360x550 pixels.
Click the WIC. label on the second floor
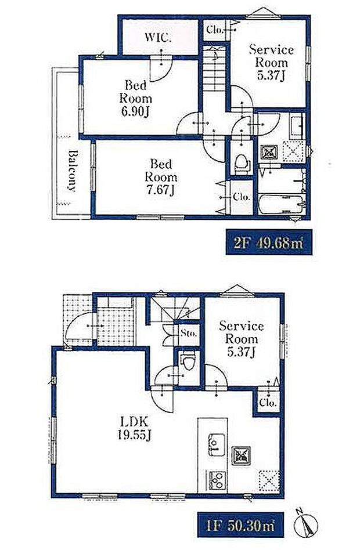158,37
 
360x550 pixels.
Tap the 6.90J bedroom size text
135,111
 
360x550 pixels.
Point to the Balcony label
72,171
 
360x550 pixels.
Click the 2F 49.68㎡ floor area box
269,242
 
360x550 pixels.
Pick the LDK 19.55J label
135,428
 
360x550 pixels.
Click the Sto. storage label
189,333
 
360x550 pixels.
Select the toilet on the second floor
242,164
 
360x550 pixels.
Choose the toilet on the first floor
189,361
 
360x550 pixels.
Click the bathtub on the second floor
282,204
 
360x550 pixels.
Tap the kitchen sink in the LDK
217,444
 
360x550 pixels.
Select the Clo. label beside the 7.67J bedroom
242,197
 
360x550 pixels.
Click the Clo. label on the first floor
268,403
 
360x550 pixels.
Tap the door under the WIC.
161,68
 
